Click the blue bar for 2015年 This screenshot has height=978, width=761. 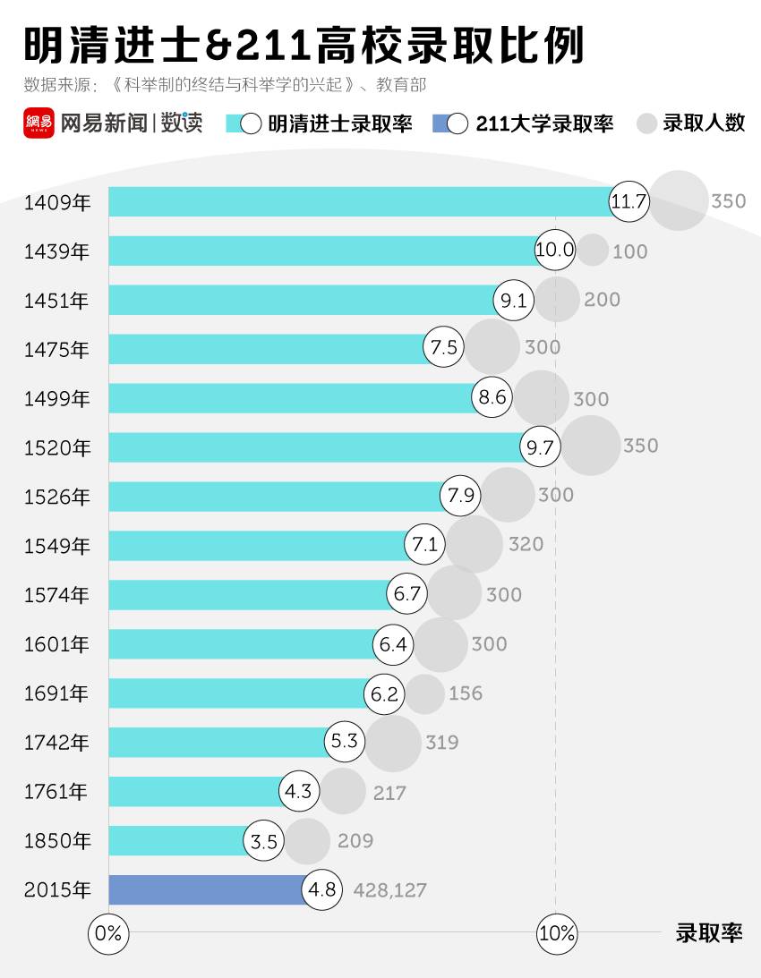(x=206, y=889)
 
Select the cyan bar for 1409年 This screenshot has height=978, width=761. (x=358, y=201)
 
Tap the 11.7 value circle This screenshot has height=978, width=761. (x=628, y=201)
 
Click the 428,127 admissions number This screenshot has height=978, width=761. (x=390, y=890)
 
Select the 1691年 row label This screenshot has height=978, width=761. (x=56, y=693)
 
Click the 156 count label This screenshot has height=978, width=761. (x=466, y=693)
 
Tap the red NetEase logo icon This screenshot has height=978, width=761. (x=38, y=123)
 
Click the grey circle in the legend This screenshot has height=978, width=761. (x=646, y=123)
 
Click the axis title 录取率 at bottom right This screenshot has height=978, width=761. (x=709, y=933)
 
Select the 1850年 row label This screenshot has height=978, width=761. (x=56, y=841)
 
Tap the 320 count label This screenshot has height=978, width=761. (x=526, y=544)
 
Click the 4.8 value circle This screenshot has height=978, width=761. (x=321, y=890)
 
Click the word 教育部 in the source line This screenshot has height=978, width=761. (x=401, y=86)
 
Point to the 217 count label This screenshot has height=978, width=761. (x=389, y=793)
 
